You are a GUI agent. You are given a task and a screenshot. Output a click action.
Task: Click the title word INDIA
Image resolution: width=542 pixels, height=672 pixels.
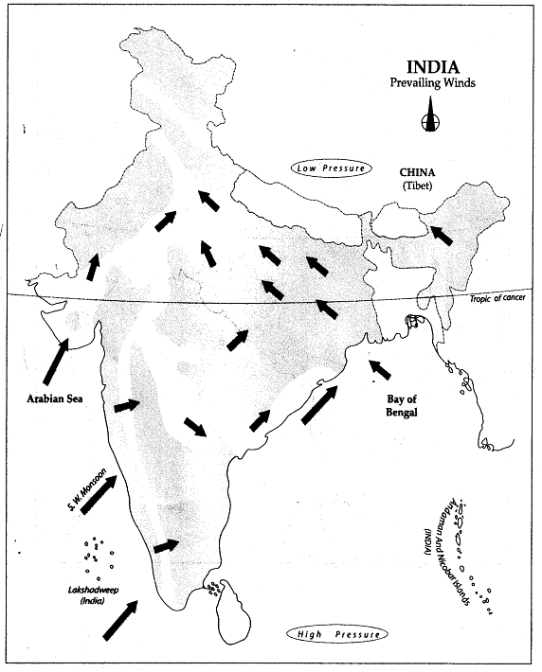[x=432, y=67]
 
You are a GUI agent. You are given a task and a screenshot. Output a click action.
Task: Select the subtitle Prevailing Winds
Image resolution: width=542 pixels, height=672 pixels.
[x=432, y=83]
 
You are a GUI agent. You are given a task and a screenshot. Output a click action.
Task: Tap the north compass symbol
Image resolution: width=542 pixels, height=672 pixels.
[x=430, y=119]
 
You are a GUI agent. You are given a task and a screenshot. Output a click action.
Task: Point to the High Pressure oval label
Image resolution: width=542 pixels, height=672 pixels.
[x=338, y=634]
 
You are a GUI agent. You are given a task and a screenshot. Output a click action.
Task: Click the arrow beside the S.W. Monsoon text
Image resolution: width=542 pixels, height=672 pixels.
[x=99, y=495]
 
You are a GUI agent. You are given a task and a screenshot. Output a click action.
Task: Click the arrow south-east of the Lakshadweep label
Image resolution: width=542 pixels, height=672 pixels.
[x=118, y=622]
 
